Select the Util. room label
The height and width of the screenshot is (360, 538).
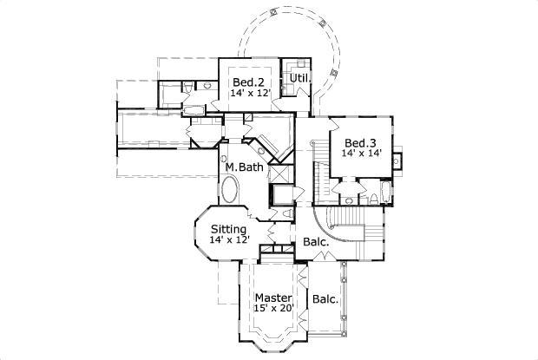pos(301,77)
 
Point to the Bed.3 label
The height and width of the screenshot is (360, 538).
pos(359,143)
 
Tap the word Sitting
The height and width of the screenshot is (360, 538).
pos(228,229)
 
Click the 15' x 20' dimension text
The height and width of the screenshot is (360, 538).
pos(274,309)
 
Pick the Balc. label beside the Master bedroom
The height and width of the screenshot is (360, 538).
pos(325,300)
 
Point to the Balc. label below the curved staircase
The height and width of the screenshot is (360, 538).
pos(316,242)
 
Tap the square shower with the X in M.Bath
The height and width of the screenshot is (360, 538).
pos(283,193)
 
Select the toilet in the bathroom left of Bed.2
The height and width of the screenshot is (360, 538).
pos(187,87)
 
